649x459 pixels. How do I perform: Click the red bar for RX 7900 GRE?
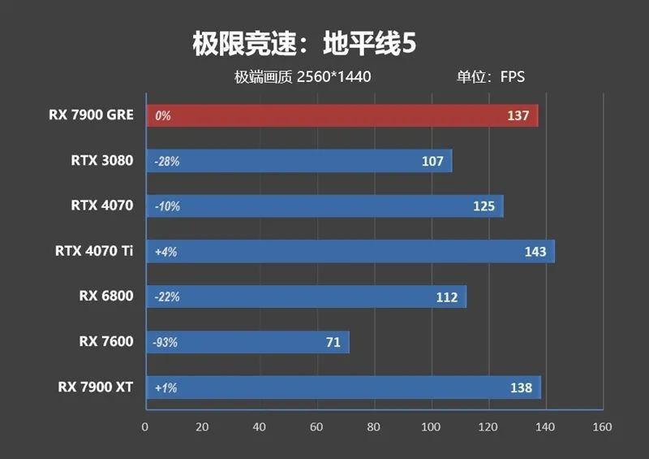(x=341, y=116)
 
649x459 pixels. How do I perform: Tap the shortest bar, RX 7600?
(x=247, y=342)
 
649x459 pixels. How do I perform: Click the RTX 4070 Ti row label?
(x=94, y=251)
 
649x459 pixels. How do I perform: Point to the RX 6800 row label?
(x=106, y=297)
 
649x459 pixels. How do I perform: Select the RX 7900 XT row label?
(x=95, y=387)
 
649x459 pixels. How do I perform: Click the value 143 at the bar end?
(x=535, y=252)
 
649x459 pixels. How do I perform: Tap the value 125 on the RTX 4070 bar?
(x=484, y=206)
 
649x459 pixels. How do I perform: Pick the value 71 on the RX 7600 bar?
(x=333, y=342)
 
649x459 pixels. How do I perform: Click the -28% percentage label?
(x=166, y=162)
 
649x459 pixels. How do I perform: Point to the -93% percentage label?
(x=165, y=342)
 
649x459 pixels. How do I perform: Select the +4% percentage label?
(x=165, y=252)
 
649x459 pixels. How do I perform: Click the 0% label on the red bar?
(x=162, y=116)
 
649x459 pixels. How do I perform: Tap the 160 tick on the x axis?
(x=602, y=427)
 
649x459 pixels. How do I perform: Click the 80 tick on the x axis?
(x=373, y=427)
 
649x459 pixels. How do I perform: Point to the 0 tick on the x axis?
(x=145, y=427)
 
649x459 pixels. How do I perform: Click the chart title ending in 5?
(x=305, y=44)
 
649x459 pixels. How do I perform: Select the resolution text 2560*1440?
(x=333, y=77)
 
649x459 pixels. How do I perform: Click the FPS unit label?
(x=512, y=77)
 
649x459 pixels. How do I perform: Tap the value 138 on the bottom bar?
(x=521, y=388)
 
